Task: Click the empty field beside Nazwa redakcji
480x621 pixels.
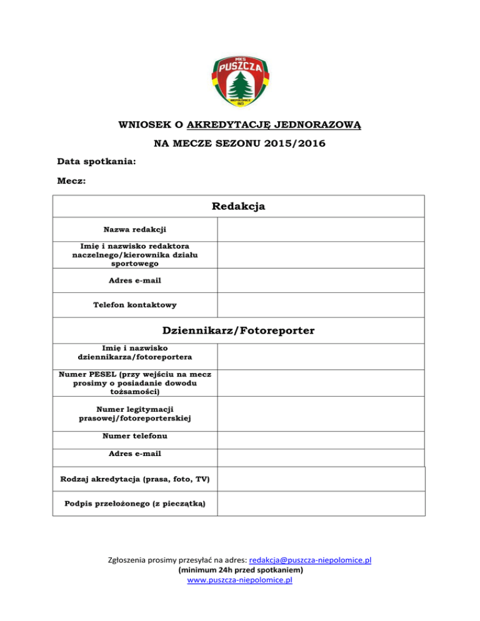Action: (x=321, y=229)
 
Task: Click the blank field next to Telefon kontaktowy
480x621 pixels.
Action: (x=321, y=306)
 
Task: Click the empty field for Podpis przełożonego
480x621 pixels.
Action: (x=321, y=503)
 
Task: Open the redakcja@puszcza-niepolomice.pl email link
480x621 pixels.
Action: (x=310, y=560)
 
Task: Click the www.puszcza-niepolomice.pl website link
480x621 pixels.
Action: (x=240, y=580)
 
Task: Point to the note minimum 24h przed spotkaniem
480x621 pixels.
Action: (x=240, y=570)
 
